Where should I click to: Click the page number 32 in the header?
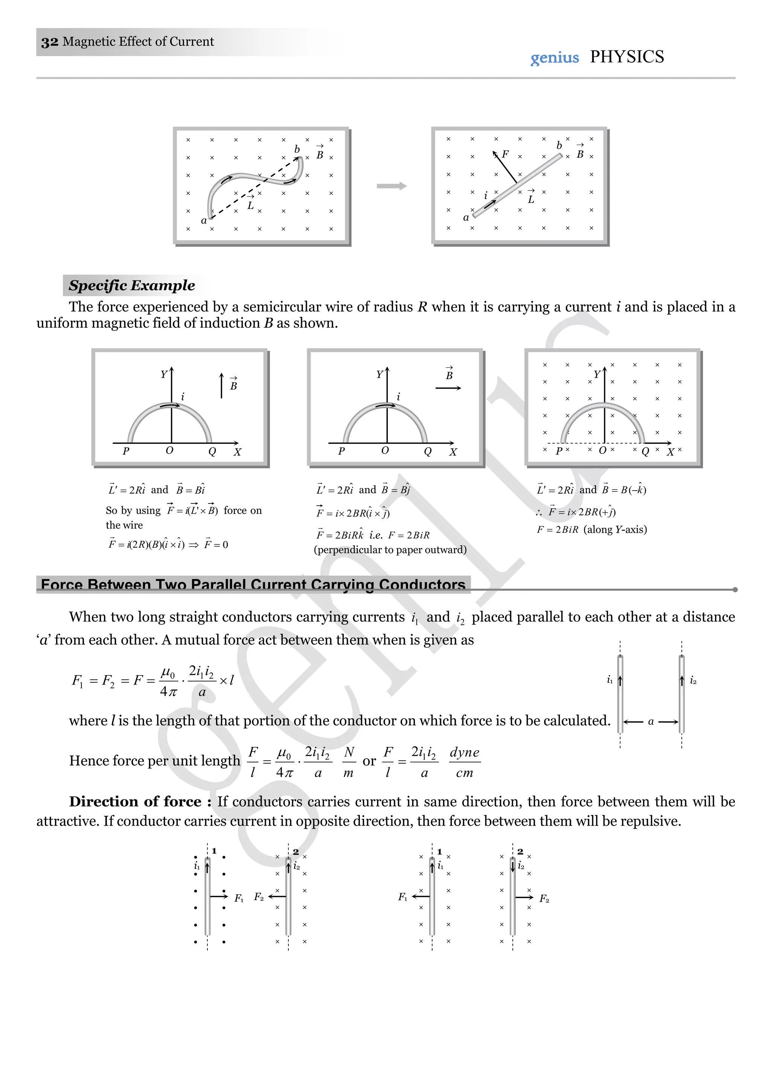click(x=49, y=42)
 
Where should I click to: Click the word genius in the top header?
click(x=555, y=58)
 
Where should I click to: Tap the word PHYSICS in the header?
click(x=627, y=57)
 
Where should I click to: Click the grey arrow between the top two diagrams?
click(x=392, y=186)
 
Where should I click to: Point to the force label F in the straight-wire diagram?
click(x=505, y=154)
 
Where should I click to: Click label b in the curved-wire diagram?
click(x=297, y=149)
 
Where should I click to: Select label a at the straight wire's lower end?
click(x=466, y=217)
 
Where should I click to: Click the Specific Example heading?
click(x=131, y=285)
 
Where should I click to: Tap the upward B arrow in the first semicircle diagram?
click(x=221, y=386)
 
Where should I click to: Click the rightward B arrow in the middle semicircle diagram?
click(x=448, y=388)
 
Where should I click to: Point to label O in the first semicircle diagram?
click(x=169, y=450)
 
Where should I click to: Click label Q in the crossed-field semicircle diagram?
click(x=645, y=451)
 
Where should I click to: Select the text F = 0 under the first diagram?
click(x=216, y=544)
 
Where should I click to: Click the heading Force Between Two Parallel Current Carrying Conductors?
click(x=253, y=584)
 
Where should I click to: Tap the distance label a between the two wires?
click(x=651, y=722)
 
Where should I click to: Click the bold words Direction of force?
click(x=135, y=802)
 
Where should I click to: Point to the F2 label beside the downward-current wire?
click(x=544, y=899)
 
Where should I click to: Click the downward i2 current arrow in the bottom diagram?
click(x=513, y=866)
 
